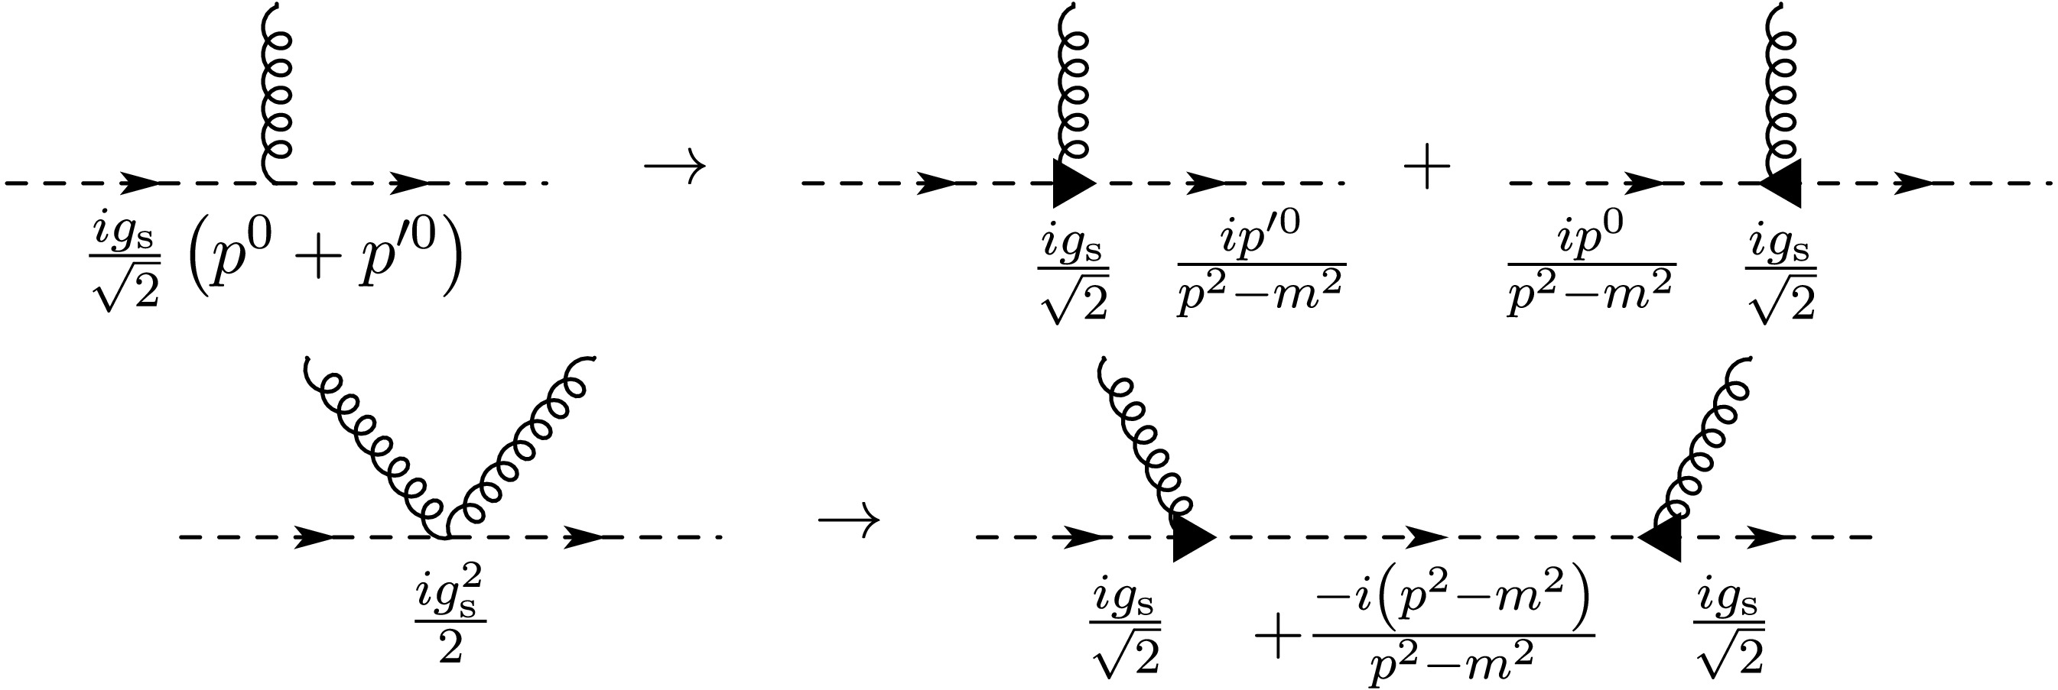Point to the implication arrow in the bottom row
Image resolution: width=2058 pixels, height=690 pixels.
tap(848, 520)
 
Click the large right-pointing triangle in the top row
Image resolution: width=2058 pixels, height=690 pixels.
tap(1072, 183)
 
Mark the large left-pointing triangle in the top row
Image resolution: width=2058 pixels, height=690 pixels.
tap(1783, 183)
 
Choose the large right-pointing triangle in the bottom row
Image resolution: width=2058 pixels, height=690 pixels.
tap(1192, 537)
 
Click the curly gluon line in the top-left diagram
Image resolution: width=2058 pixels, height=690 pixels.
tap(275, 92)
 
